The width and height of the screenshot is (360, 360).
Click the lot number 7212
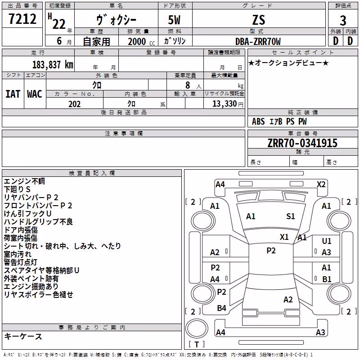pyautogui.click(x=22, y=19)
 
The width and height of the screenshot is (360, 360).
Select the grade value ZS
pyautogui.click(x=259, y=20)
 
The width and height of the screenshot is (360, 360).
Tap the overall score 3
pyautogui.click(x=343, y=21)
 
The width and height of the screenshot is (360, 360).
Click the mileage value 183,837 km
pyautogui.click(x=53, y=65)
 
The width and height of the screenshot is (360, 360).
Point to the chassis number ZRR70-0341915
pyautogui.click(x=302, y=143)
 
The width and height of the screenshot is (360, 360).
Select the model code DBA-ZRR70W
pyautogui.click(x=258, y=41)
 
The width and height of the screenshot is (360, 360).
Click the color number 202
pyautogui.click(x=75, y=104)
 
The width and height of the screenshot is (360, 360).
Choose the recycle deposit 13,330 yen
pyautogui.click(x=228, y=104)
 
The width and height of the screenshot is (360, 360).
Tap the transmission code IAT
pyautogui.click(x=13, y=94)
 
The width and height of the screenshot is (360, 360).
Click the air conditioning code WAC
pyautogui.click(x=35, y=94)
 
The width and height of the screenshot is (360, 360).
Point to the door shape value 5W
pyautogui.click(x=174, y=20)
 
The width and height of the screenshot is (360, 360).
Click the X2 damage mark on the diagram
pyautogui.click(x=321, y=184)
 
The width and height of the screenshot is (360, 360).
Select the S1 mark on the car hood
pyautogui.click(x=290, y=216)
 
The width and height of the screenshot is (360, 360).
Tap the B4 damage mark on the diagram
pyautogui.click(x=221, y=308)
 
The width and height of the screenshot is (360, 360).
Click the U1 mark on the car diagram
pyautogui.click(x=327, y=241)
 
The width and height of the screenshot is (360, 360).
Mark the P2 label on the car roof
pyautogui.click(x=271, y=251)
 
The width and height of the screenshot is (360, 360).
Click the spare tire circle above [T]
pyautogui.click(x=197, y=328)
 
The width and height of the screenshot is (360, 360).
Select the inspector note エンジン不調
pyautogui.click(x=24, y=181)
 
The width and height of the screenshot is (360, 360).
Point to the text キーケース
pyautogui.click(x=23, y=336)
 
